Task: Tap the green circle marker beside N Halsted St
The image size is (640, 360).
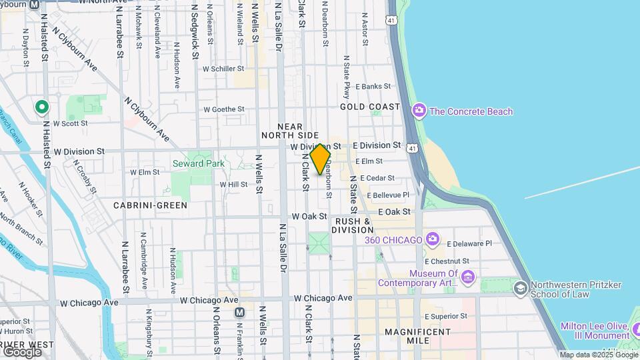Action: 41,107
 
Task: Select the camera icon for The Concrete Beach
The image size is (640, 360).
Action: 419,110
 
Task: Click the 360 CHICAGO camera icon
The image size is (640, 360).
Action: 433,239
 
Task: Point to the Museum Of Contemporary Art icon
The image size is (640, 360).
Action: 467,277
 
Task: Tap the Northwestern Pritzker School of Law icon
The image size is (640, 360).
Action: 519,288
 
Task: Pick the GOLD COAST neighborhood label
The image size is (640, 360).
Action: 370,107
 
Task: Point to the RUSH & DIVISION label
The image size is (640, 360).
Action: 353,225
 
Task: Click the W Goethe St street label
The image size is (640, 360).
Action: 224,109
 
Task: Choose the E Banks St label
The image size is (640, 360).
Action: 373,87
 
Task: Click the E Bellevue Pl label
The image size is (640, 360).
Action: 385,195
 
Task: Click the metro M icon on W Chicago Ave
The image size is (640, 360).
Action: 239,312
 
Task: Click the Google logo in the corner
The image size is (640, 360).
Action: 21,351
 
